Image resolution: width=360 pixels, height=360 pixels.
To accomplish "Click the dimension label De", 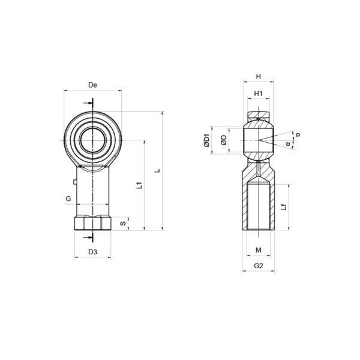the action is [x=93, y=85].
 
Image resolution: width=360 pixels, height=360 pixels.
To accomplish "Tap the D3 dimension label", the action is [x=93, y=252].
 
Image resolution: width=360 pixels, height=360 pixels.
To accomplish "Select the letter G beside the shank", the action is [x=68, y=199].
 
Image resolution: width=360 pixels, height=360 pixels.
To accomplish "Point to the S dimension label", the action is [x=123, y=223].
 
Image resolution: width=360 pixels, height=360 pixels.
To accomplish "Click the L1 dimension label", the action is [x=139, y=185].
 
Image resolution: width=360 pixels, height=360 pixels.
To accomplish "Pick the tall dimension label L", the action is [x=157, y=170].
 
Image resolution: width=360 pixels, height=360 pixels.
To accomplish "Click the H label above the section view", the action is [x=259, y=76].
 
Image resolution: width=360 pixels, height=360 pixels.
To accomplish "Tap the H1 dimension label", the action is [x=258, y=94].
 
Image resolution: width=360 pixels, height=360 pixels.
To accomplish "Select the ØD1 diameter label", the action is [x=207, y=140].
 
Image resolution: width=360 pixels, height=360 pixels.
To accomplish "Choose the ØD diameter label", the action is [x=224, y=140].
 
